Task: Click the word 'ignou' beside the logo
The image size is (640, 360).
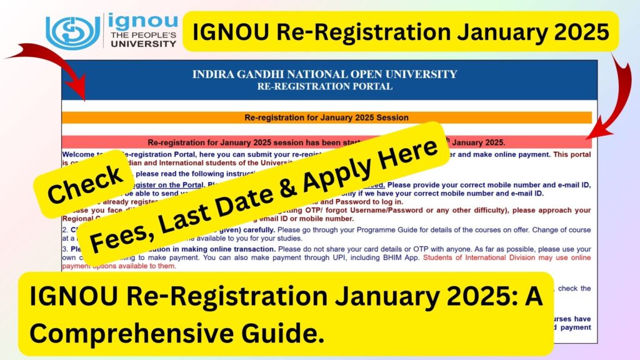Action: (x=143, y=22)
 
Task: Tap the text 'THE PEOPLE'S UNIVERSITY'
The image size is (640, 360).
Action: (x=143, y=40)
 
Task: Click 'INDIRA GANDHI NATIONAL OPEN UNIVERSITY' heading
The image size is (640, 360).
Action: (x=324, y=75)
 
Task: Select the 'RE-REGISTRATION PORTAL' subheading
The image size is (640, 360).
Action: (x=324, y=87)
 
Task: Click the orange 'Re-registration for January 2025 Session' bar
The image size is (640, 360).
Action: (x=326, y=117)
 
